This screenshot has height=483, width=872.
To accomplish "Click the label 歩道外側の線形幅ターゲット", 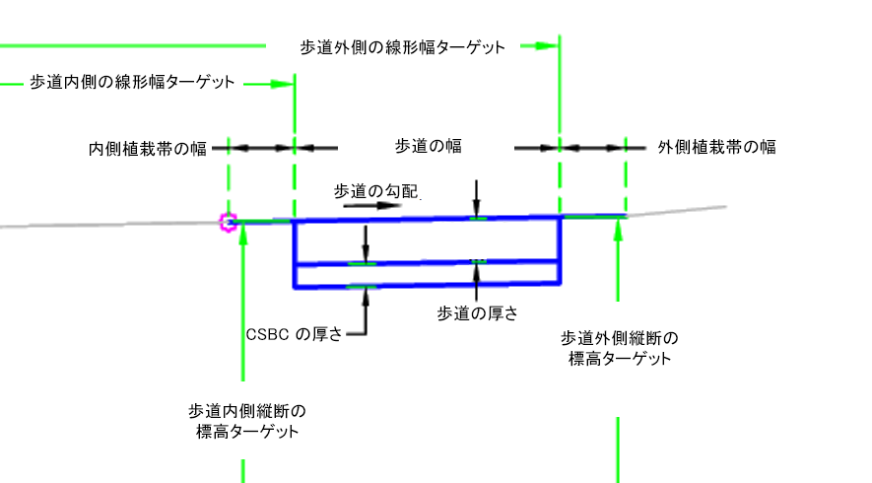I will [402, 46].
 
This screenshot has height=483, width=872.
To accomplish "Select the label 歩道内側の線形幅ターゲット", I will [133, 83].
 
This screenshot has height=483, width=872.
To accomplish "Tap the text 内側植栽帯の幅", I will [147, 148].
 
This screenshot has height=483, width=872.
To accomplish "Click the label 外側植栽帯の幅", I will [716, 148].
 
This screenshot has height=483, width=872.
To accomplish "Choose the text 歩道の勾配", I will [377, 190].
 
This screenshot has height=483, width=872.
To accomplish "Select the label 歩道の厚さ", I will [478, 313].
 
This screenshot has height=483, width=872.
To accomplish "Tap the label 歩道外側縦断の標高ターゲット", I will [620, 348].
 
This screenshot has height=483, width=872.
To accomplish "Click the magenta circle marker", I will [229, 223].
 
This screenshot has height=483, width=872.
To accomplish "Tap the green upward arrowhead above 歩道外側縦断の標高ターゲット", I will [619, 227].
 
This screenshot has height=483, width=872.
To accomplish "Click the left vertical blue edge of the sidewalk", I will [295, 253].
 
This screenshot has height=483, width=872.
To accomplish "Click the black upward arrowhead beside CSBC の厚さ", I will [365, 294].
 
